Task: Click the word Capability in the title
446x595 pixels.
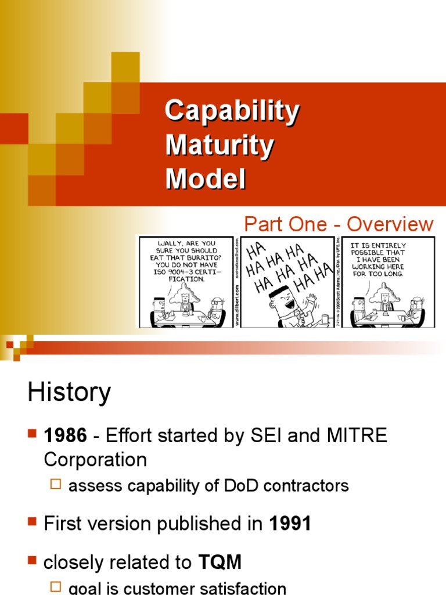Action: [x=232, y=111]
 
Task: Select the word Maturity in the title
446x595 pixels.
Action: [x=219, y=145]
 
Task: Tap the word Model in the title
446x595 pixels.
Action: [x=206, y=178]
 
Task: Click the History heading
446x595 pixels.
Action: [x=69, y=393]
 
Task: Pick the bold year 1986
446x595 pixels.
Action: [x=64, y=436]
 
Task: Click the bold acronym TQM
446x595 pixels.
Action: [x=220, y=562]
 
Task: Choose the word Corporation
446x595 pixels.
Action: [x=95, y=460]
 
